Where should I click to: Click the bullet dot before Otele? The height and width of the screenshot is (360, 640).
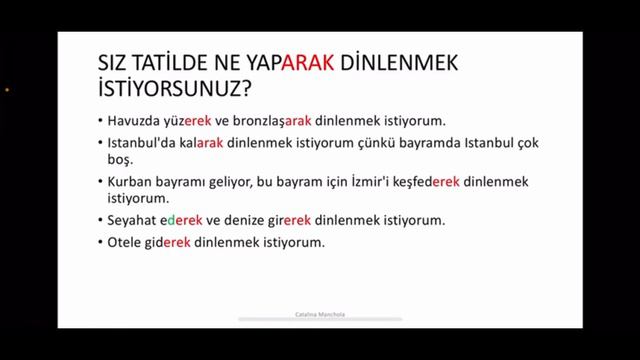tap(100, 244)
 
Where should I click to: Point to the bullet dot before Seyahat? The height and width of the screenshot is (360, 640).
tap(100, 222)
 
